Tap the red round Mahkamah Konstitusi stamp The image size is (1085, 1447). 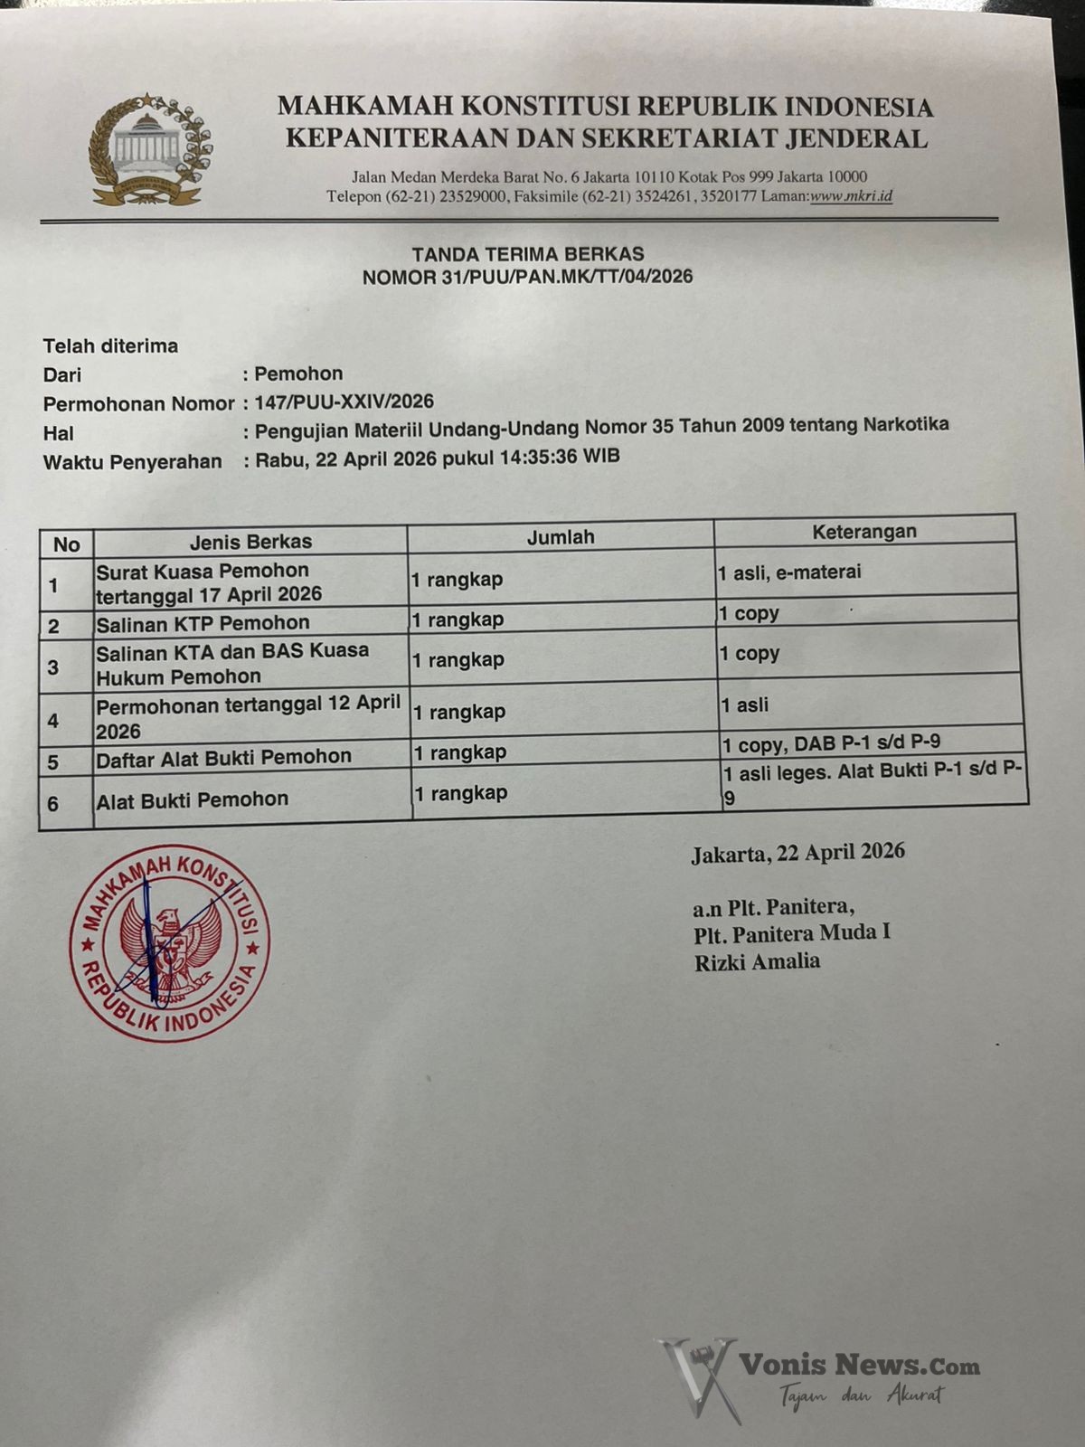pos(169,942)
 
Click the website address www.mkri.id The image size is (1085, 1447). pos(851,195)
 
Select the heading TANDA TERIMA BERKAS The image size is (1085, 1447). pos(528,254)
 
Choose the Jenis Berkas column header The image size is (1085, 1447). pos(250,542)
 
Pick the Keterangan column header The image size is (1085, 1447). pos(863,532)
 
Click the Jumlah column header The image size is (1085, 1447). pos(561,537)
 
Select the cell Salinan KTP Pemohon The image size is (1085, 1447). pos(203,623)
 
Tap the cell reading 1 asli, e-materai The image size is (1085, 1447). pos(789,572)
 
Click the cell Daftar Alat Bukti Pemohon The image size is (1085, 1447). pos(224,757)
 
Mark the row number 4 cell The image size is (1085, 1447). pos(53,721)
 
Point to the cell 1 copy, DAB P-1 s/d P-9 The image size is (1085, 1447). pos(831,742)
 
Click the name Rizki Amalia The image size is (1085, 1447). pos(757,961)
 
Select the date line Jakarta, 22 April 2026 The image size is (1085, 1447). pos(797,852)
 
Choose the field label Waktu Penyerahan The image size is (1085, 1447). pos(133,462)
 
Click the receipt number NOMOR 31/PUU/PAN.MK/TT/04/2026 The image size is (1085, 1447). pos(528,277)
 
